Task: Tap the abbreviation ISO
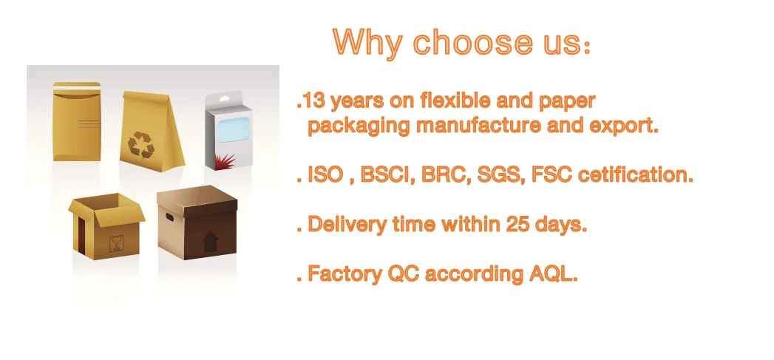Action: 324,177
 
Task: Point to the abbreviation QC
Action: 405,274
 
